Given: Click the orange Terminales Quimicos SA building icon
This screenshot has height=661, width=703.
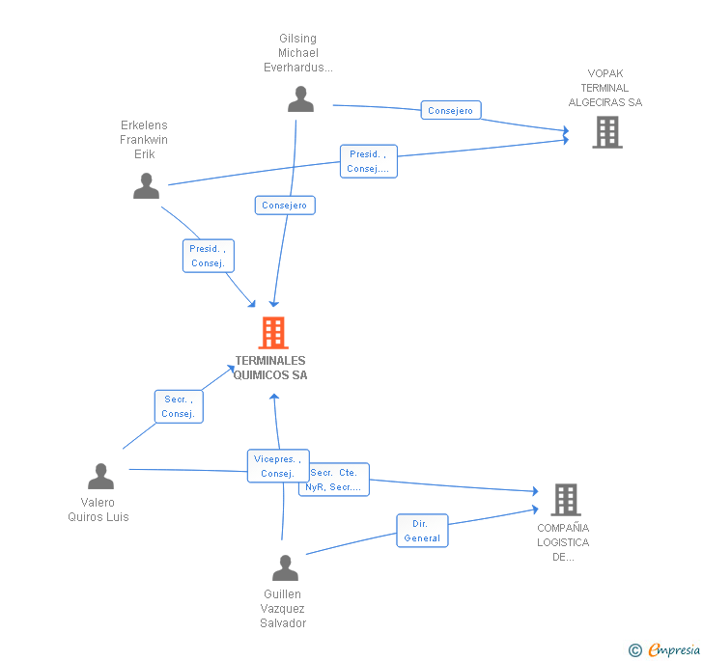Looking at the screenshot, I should pos(273,333).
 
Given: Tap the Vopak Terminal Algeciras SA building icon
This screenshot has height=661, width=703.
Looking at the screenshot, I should pos(606,132).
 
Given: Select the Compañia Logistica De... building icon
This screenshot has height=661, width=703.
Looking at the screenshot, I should pos(565,500).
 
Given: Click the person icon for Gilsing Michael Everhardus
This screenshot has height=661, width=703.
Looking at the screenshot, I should pos(300,99).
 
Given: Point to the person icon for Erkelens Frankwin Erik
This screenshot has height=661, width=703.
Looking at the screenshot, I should pos(146,185).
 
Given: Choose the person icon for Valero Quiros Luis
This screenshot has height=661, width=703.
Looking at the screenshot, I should pos(100,477).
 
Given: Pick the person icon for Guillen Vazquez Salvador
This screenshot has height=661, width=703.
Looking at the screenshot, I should pos(285,568).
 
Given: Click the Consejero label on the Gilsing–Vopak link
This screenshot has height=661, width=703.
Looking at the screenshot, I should pos(451,111).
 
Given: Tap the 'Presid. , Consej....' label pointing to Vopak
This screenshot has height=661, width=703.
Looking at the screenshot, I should pos(368,161).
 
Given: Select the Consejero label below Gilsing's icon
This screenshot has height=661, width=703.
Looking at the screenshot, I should pos(285,205).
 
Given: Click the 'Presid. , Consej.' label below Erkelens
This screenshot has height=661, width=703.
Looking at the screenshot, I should pos(209,256).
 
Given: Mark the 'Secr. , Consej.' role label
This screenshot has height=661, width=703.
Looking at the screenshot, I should pos(179,406).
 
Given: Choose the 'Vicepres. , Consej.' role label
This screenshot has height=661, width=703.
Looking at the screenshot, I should pos(278,466).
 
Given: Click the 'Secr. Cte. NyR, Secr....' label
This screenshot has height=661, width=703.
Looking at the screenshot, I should pos(334,480).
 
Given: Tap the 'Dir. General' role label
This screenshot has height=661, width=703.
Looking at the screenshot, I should pos(422,531).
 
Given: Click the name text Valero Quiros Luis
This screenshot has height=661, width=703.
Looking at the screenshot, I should pos(98,510).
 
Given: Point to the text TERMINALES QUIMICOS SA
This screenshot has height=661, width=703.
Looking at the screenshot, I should pos(270,368).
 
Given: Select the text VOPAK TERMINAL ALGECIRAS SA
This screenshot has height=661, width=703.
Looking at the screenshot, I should pos(605,88).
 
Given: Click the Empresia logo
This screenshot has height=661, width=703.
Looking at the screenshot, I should pos(674,649).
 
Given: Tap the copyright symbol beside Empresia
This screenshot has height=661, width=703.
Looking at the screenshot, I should pos(635,650).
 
